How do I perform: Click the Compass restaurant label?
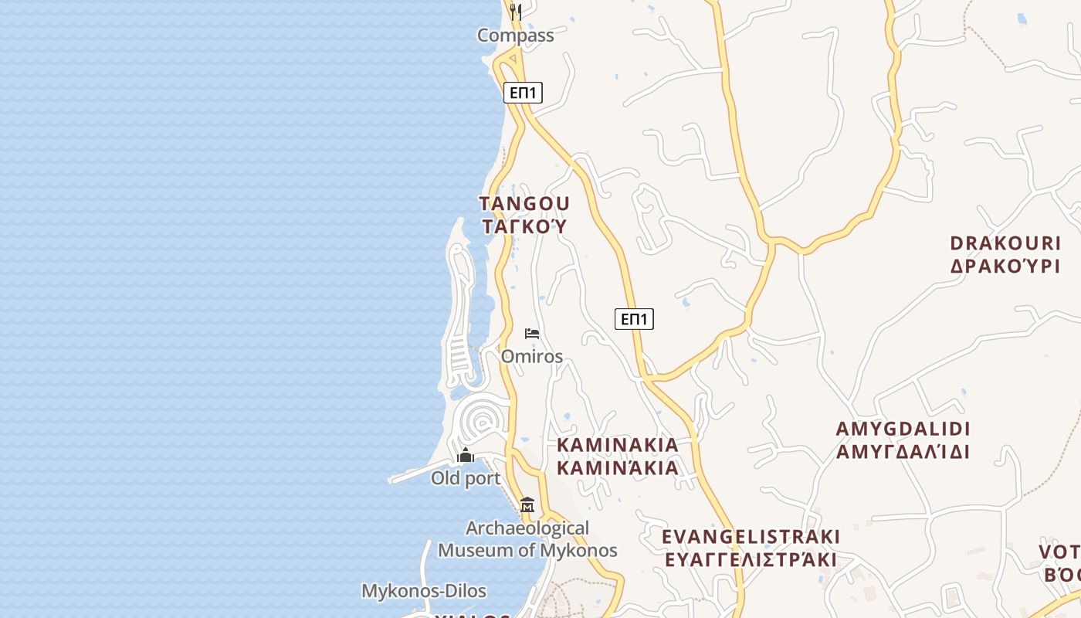(x=515, y=36)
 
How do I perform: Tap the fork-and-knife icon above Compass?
(x=516, y=12)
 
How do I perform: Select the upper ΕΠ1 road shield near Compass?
(x=524, y=93)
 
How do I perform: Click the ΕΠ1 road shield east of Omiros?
(x=634, y=319)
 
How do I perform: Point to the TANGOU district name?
(x=524, y=204)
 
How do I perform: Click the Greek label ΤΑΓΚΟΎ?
(x=524, y=226)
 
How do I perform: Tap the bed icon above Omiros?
(x=532, y=334)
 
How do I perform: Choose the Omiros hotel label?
(x=532, y=357)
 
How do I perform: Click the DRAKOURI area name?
(x=1005, y=243)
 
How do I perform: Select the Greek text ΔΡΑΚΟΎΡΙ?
(x=1005, y=267)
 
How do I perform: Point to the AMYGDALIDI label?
(x=903, y=429)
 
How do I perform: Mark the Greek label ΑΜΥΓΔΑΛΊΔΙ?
(x=903, y=452)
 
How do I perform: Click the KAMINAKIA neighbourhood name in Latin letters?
(x=618, y=445)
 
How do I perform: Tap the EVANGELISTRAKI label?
(x=751, y=536)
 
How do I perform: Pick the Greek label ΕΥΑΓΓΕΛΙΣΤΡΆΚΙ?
(x=751, y=559)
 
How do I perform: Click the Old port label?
(x=466, y=478)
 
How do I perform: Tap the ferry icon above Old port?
(x=466, y=456)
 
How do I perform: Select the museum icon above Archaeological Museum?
(x=527, y=505)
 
